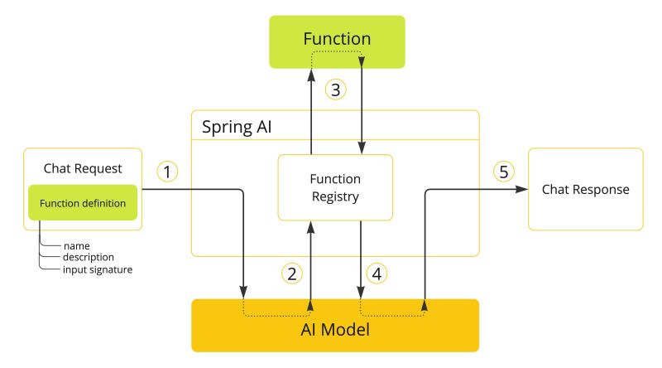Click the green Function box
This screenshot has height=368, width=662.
pos(336,41)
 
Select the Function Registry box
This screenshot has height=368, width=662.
pos(335,187)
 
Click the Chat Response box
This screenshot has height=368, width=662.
pos(585,190)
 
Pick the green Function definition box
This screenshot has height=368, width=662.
pos(83,202)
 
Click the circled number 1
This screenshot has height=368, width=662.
pos(168,172)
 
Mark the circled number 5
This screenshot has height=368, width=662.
pos(504,172)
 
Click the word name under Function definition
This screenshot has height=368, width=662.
pos(76,246)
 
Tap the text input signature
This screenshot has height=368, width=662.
pos(98,269)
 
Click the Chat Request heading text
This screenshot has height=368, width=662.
pos(83,168)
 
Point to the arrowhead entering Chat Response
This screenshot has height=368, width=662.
pos(523,190)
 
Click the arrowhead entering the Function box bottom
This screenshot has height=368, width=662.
pos(311,75)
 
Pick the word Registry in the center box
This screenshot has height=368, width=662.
pos(335,196)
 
